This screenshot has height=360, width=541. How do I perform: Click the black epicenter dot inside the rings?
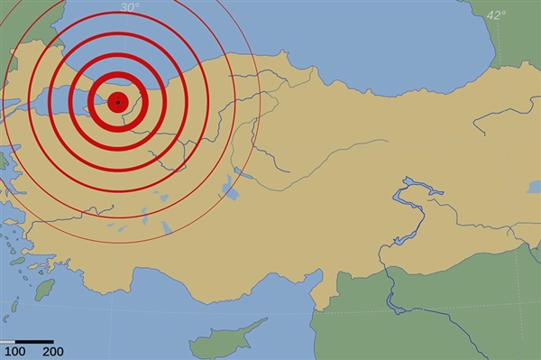click(x=118, y=102)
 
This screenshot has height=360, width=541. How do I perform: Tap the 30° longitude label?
click(x=130, y=7)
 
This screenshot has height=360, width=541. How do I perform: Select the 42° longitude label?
click(x=496, y=14)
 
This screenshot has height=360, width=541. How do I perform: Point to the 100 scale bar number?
click(x=14, y=351)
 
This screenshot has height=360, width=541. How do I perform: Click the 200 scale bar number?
click(x=52, y=351)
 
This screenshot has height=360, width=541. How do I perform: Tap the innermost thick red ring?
click(x=118, y=88)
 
